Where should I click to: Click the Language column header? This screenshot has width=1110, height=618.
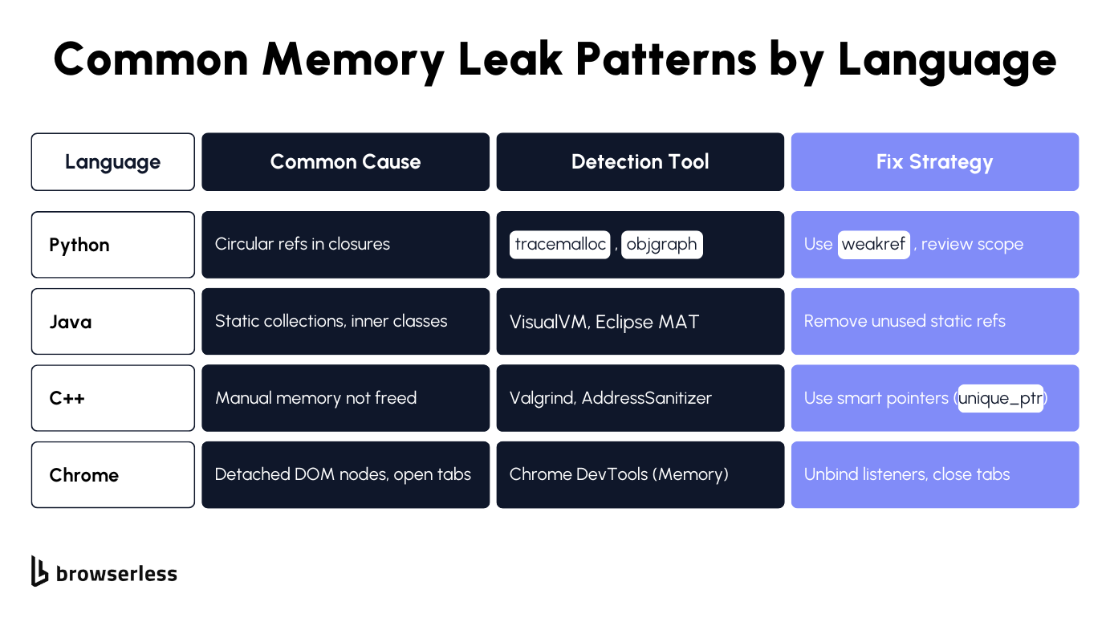click(x=112, y=162)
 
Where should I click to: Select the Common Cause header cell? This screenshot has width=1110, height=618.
click(x=345, y=162)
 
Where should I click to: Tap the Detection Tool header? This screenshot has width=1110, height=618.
click(x=640, y=162)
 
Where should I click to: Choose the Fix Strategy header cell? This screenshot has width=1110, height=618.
click(x=934, y=162)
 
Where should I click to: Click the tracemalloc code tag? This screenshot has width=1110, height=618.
click(x=560, y=245)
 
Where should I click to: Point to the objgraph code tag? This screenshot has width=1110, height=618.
click(x=661, y=245)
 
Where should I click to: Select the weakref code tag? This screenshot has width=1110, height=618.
click(x=873, y=245)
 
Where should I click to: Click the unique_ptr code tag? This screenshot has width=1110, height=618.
click(x=1000, y=398)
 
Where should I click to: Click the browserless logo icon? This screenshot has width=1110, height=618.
click(x=39, y=571)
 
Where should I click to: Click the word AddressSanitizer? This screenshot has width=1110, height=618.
click(x=646, y=398)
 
